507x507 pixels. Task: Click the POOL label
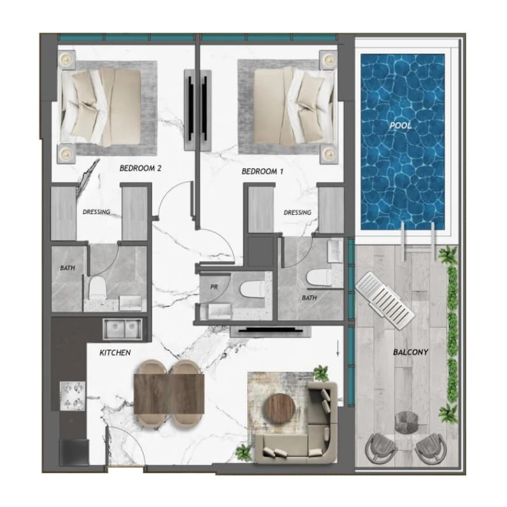401,125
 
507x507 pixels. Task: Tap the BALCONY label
410,352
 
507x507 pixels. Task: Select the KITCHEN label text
115,352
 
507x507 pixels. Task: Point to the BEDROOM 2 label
140,168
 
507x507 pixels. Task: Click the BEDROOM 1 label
262,171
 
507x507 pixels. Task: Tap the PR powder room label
214,287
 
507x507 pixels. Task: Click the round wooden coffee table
280,409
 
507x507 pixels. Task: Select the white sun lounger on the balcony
385,301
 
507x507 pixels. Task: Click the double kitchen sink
122,329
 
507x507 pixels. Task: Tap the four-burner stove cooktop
73,396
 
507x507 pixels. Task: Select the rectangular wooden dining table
169,394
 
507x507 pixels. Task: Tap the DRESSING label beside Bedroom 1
297,213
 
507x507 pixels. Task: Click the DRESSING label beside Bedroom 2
96,212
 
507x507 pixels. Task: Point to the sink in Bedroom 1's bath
335,251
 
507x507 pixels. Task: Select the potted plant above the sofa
321,373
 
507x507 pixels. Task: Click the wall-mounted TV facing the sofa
270,331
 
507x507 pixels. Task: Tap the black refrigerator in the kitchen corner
74,453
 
